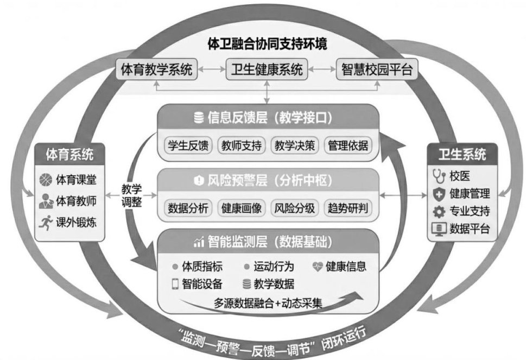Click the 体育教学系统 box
[156, 70]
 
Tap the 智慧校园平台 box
[377, 70]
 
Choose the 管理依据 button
[347, 146]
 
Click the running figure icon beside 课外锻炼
[45, 222]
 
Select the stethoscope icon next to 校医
[438, 176]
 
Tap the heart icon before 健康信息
[318, 267]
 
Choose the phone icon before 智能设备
[175, 283]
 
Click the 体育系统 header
[69, 154]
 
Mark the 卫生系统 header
[462, 154]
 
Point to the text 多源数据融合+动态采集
[268, 303]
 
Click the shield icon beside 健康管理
[438, 193]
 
